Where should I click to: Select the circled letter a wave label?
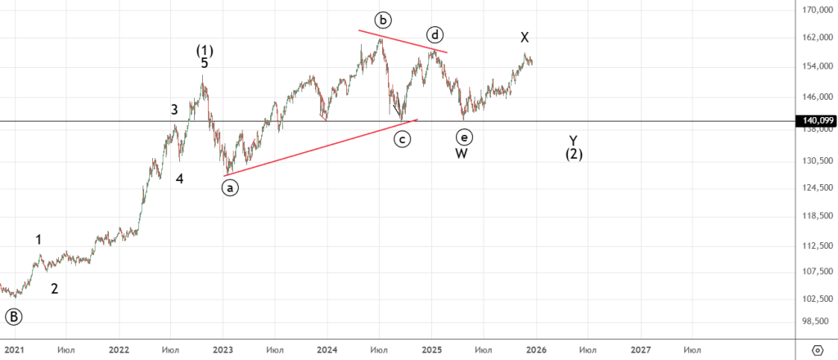point(230,187)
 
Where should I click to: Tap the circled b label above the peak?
point(381,19)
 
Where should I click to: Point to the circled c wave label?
point(402,138)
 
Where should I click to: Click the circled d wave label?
point(435,35)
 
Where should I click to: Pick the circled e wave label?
point(464,137)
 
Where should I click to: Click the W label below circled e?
point(462,154)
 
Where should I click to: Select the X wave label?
point(525,38)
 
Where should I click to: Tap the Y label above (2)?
point(574,140)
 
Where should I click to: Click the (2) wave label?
point(574,154)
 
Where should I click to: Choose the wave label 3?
point(174,110)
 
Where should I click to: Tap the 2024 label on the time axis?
point(327,350)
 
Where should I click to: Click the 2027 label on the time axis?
point(641,350)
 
